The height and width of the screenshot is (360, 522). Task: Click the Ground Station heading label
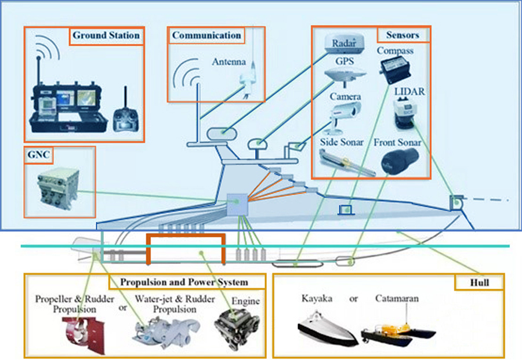click(106, 35)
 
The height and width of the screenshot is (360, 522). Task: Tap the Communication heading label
click(206, 35)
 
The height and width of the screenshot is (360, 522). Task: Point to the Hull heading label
click(479, 283)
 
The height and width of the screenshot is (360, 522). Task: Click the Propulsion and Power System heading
click(184, 282)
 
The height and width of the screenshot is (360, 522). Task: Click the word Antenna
click(229, 62)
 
